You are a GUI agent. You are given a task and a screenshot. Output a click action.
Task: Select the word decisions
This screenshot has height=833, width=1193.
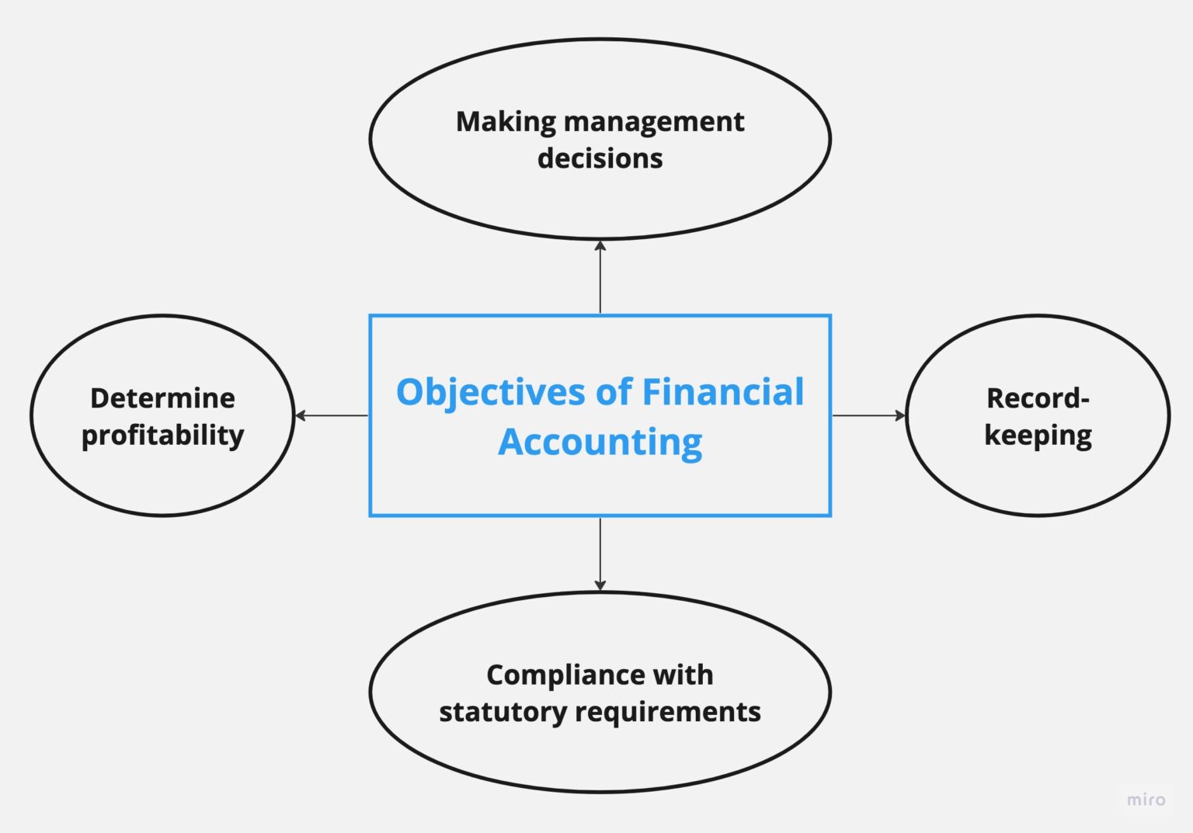pos(600,158)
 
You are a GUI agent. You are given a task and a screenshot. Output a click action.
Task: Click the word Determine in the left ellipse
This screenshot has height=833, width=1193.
pos(162,398)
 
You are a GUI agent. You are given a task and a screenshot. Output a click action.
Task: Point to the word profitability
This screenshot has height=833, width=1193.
pos(162,436)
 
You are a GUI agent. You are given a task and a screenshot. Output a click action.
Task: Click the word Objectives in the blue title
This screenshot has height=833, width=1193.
pos(491,393)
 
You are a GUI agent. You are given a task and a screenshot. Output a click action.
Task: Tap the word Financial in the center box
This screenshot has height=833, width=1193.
pos(722,391)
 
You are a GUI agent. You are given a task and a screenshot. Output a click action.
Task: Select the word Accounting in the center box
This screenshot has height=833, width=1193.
pos(600,443)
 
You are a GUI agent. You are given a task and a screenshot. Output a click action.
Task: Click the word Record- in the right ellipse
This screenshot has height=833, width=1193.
pos(1038,398)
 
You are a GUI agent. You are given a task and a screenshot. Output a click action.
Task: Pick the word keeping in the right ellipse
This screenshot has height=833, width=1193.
pos(1038,436)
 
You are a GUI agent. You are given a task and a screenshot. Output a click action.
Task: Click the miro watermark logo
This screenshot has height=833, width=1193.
pos(1146,800)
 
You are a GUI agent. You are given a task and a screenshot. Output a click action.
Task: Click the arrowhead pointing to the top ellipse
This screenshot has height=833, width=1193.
pos(600,246)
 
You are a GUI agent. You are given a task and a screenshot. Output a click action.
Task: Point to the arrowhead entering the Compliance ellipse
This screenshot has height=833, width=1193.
pos(600,585)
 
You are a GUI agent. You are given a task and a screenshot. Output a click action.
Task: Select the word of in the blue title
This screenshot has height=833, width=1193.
pos(614,391)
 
